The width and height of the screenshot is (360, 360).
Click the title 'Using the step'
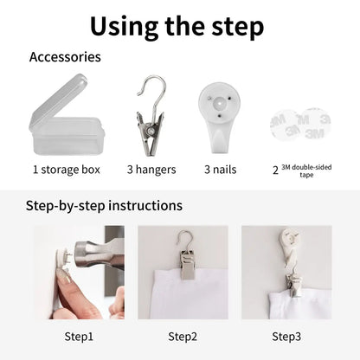click(177, 27)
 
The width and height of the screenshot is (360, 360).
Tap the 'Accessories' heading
click(65, 57)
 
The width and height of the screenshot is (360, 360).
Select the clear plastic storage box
click(67, 115)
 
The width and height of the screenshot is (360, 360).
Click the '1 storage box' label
click(67, 170)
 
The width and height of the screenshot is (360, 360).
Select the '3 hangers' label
click(151, 170)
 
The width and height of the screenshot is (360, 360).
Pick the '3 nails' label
click(221, 170)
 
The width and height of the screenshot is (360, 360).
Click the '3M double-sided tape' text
click(306, 170)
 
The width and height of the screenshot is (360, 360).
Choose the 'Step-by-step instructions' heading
click(104, 206)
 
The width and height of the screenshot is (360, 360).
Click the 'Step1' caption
click(79, 337)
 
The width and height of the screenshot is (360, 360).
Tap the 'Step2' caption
click(183, 337)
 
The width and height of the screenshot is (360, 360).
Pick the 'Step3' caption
click(286, 337)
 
